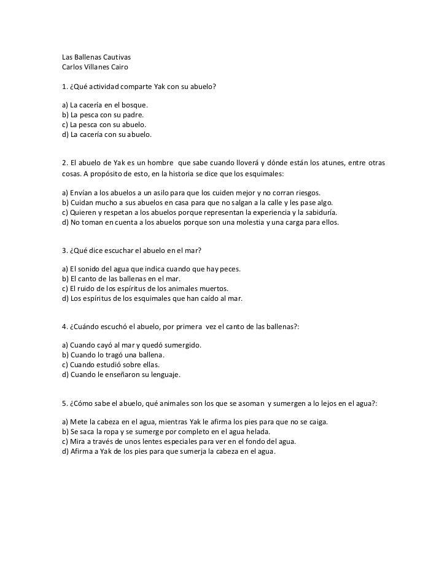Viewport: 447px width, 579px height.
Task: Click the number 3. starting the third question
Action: click(x=65, y=251)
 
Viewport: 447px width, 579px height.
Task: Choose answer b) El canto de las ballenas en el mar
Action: click(x=120, y=279)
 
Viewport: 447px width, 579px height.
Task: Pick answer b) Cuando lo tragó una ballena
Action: click(x=113, y=356)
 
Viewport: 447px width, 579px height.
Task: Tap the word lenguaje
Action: click(x=165, y=374)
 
